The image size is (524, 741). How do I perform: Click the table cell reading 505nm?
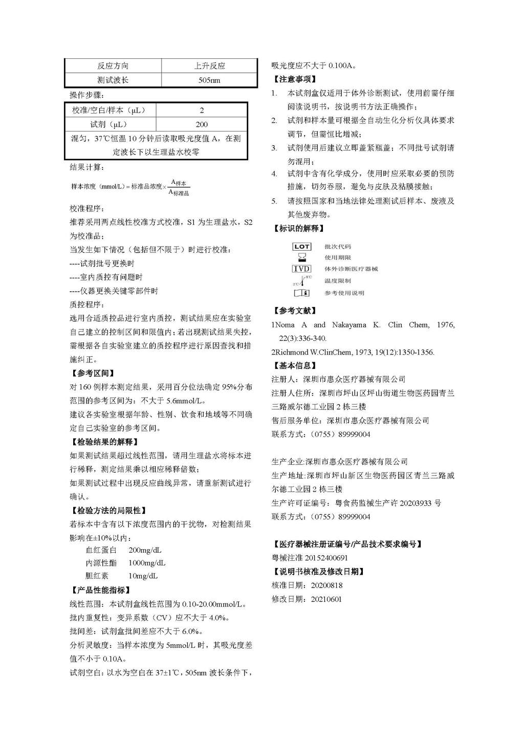tap(209, 80)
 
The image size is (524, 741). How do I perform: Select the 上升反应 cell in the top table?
tap(209, 66)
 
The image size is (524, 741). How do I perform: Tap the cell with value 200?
tap(202, 124)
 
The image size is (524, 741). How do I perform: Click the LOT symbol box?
tap(301, 247)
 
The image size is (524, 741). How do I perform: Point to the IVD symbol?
tap(301, 269)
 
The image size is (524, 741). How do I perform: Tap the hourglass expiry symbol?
tap(302, 258)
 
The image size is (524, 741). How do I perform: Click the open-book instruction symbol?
tap(301, 293)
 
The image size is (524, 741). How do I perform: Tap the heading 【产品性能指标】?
tap(101, 590)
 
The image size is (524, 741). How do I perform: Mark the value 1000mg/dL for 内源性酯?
tap(147, 563)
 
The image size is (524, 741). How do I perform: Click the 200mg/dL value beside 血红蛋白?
tap(145, 550)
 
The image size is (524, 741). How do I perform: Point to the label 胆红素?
tap(97, 576)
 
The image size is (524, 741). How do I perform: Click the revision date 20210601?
tap(326, 599)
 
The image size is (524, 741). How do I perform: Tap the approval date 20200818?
tap(326, 585)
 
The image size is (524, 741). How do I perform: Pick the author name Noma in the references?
tap(285, 325)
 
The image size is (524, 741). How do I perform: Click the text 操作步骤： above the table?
tap(86, 95)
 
